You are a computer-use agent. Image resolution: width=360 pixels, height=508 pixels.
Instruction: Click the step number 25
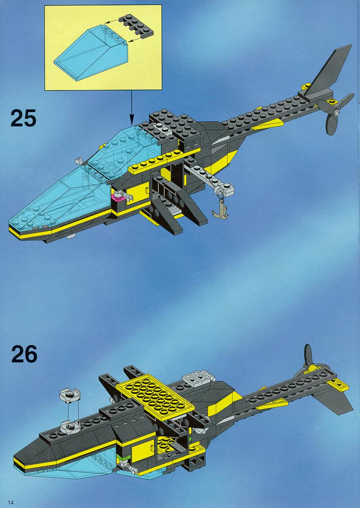coord(23,118)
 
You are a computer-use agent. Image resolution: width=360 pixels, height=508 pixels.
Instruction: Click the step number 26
coord(24,354)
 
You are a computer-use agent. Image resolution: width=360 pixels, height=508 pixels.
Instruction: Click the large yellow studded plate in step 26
coord(155,397)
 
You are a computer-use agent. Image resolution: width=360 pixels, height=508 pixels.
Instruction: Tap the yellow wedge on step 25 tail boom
coord(268,124)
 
